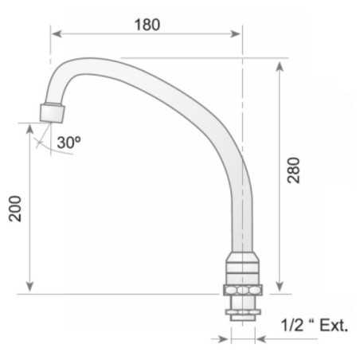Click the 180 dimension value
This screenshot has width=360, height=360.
pos(147,24)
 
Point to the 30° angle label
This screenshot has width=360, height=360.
pos(69,143)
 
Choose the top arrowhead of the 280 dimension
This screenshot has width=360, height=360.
pos(280,64)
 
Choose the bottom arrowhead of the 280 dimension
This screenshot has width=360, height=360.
pos(280,288)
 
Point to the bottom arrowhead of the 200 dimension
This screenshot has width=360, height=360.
pos(30,288)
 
